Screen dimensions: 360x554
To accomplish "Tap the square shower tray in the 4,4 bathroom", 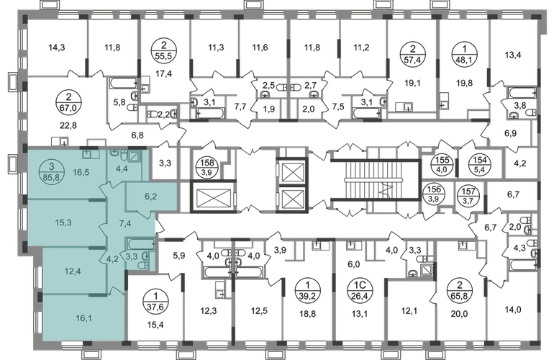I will [x=135, y=155].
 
